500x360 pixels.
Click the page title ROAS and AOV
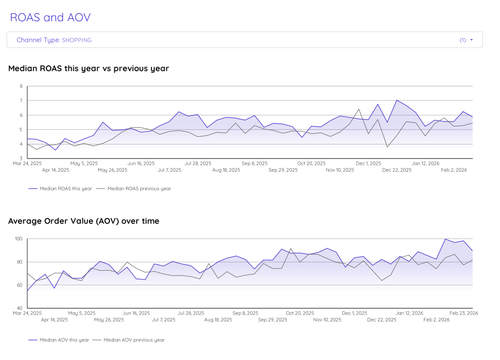click(x=50, y=18)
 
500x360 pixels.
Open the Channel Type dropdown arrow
click(x=471, y=40)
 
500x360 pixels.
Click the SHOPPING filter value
click(x=77, y=40)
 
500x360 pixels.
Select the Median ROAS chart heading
click(x=88, y=69)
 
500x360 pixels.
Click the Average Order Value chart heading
click(x=83, y=221)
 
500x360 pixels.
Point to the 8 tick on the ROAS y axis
click(x=21, y=86)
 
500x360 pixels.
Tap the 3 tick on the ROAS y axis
click(x=21, y=159)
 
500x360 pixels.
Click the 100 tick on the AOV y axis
click(x=19, y=239)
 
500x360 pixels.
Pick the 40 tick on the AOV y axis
click(x=20, y=308)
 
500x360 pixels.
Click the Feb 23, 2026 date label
click(x=463, y=313)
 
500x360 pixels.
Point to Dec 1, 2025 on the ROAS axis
click(x=368, y=163)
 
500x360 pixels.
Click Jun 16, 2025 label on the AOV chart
click(x=136, y=313)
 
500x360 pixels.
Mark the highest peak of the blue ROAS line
click(x=396, y=100)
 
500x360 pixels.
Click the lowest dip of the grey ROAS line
click(x=387, y=147)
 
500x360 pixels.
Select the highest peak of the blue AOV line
click(x=445, y=239)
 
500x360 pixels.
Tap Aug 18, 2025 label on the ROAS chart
click(x=226, y=170)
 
